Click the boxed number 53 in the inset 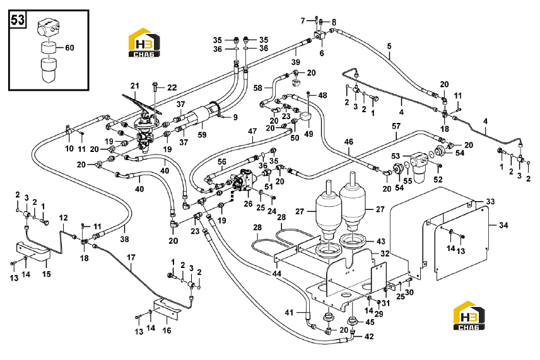tap(18, 20)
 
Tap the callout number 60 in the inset tap(69, 47)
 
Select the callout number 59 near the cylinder tap(202, 134)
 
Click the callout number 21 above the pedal tap(134, 86)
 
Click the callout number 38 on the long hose tap(124, 238)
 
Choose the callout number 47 tap(252, 131)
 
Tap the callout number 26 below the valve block tap(248, 204)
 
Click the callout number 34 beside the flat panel tap(503, 226)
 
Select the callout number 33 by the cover tap(490, 201)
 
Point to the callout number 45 tap(370, 322)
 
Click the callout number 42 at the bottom tap(369, 336)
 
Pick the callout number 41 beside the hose tap(290, 312)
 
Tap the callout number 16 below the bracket tap(167, 330)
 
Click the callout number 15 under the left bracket tap(47, 274)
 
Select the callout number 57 tap(396, 126)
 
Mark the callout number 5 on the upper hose tap(389, 46)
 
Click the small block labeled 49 tap(305, 117)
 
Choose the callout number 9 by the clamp tap(235, 117)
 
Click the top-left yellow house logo tap(144, 42)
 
